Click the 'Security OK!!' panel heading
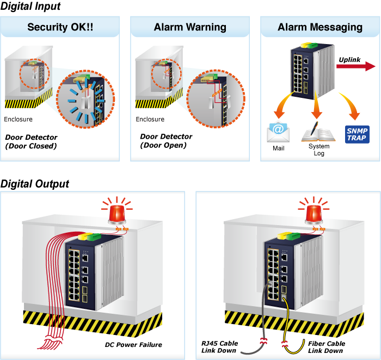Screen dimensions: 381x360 click(60, 27)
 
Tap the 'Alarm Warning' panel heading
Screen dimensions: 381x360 click(190, 27)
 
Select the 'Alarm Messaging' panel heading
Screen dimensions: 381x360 click(320, 27)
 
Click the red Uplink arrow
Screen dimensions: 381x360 click(356, 66)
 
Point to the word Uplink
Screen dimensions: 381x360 click(349, 60)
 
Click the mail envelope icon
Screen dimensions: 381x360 click(278, 132)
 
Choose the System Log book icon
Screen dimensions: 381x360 click(318, 132)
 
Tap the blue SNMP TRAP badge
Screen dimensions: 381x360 click(357, 134)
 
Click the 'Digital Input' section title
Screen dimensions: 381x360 click(30, 7)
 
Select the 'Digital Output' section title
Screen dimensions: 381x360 click(35, 184)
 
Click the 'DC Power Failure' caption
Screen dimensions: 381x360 click(133, 345)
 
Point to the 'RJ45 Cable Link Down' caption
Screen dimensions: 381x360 click(220, 347)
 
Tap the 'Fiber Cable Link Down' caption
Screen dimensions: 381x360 click(327, 347)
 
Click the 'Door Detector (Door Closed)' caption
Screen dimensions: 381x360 click(32, 141)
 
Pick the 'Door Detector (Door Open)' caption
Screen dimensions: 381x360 click(166, 141)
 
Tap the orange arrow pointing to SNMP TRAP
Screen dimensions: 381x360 click(351, 105)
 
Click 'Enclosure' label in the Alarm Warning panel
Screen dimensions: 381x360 click(150, 119)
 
